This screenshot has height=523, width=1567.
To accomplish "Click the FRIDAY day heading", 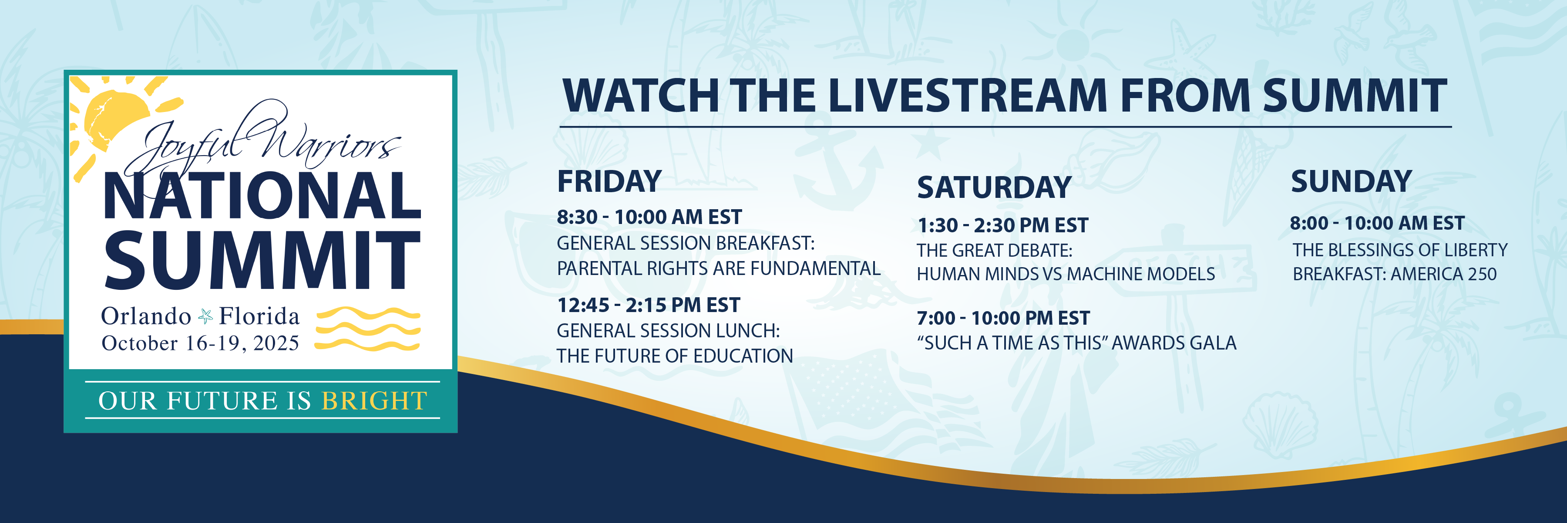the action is (x=609, y=181).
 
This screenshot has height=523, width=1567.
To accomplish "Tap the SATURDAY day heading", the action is (x=994, y=187).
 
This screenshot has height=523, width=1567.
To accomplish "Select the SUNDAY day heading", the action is (x=1351, y=181).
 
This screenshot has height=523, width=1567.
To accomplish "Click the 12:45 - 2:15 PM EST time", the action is (x=649, y=304).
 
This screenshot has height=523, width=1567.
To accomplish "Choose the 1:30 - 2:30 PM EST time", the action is (x=1002, y=225).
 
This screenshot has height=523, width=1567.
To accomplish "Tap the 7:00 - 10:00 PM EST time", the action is (x=1003, y=318).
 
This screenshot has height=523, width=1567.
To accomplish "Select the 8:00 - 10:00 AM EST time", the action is (x=1377, y=223).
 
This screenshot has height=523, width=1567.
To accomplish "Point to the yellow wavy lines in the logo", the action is (x=368, y=329).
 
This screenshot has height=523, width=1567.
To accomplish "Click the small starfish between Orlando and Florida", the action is (x=205, y=316).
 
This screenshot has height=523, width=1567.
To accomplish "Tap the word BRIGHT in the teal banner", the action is (x=374, y=401).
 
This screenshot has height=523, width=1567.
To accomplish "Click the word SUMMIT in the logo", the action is (x=263, y=260).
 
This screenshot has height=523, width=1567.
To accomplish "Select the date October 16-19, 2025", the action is (x=200, y=343).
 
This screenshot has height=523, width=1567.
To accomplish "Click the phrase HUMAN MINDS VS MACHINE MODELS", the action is (x=1066, y=274).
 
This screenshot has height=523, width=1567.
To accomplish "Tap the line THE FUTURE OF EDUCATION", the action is (x=675, y=356).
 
